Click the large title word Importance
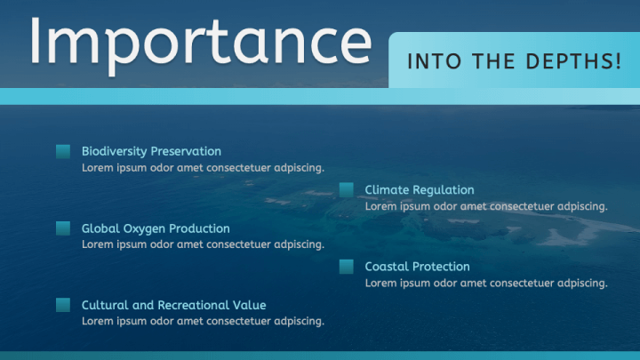coord(200,40)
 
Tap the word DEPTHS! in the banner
coord(575,61)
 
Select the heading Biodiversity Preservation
coord(151,151)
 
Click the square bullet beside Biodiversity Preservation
coord(63,152)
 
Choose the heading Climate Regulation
coord(420,189)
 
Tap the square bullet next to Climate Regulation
coord(347,190)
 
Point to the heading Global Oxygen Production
coord(156,228)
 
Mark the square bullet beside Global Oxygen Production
coord(63,228)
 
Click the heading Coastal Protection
coord(417,267)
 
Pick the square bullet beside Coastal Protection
coord(347,267)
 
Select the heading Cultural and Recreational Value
coord(173,305)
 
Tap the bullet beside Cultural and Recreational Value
coord(63,305)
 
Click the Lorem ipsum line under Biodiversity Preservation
coord(203,167)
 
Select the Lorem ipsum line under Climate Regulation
coord(486,206)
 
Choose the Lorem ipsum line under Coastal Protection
coord(486,284)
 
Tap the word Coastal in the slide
coord(388,267)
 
